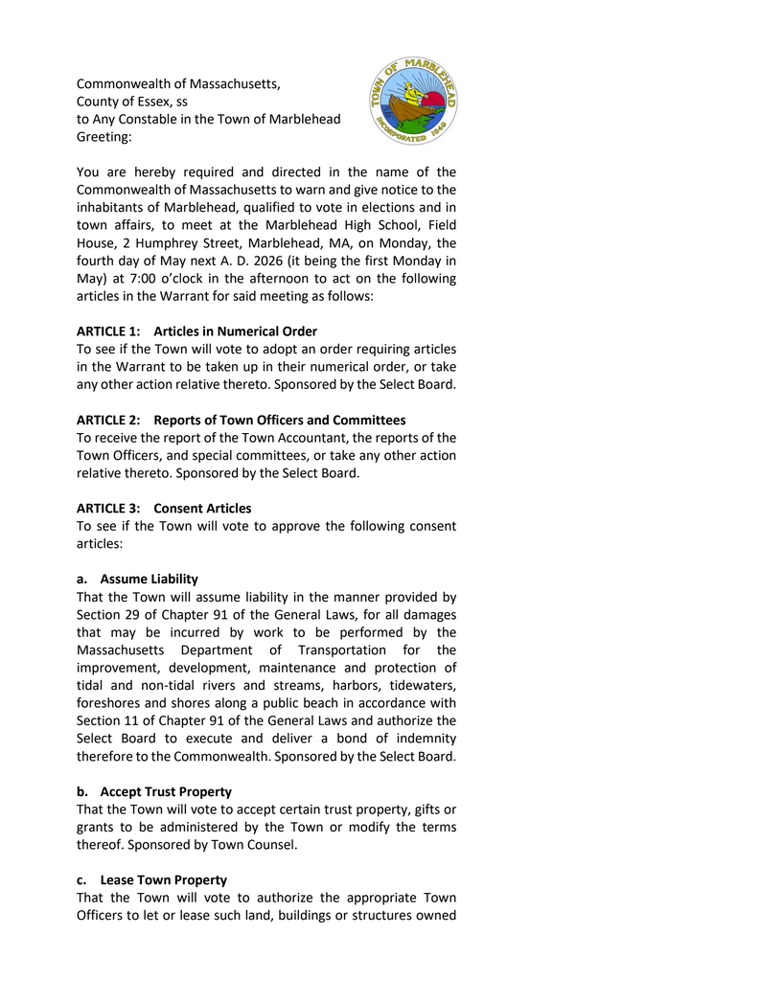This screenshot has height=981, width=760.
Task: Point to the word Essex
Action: pyautogui.click(x=145, y=102)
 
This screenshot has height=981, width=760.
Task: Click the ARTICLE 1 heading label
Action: pyautogui.click(x=108, y=331)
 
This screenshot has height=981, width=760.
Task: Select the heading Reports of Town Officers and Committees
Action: pyautogui.click(x=280, y=420)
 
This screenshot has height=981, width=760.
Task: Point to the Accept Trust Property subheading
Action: pyautogui.click(x=165, y=791)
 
